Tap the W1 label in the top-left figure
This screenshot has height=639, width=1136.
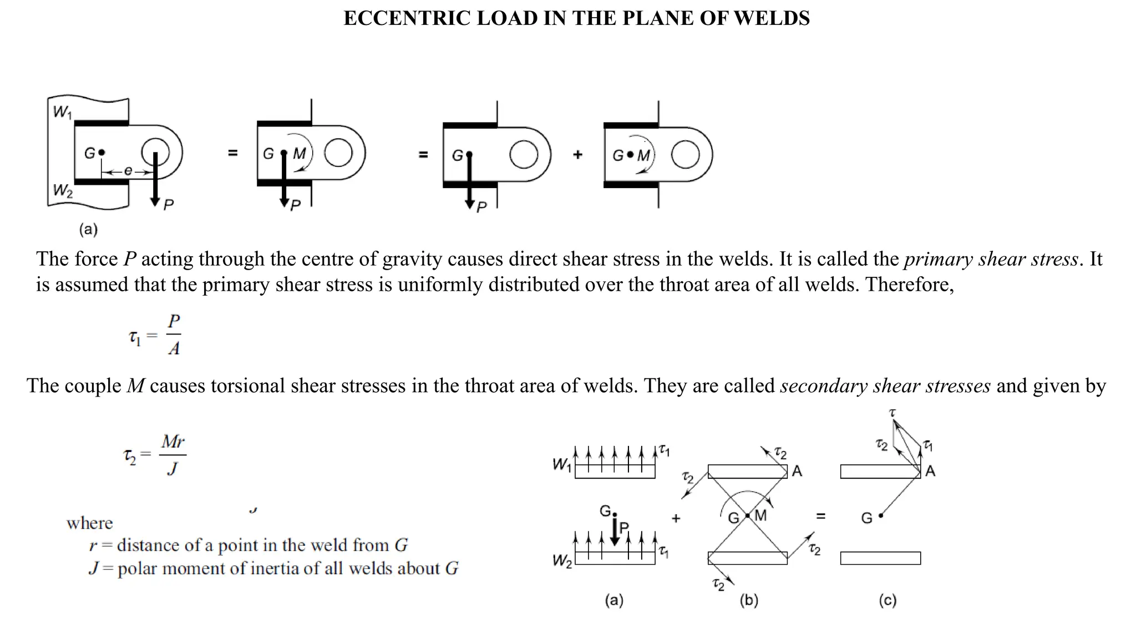coord(62,113)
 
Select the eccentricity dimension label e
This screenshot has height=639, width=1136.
coord(128,171)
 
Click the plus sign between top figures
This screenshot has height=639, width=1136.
coord(577,155)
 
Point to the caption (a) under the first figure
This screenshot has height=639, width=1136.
coord(88,229)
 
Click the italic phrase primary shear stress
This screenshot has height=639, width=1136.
coord(991,259)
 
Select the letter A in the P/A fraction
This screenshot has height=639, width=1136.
coord(174,349)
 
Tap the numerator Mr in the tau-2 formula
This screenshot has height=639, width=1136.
coord(173,442)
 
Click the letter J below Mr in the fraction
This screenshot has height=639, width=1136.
coord(173,469)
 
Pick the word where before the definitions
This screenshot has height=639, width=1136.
coord(89,523)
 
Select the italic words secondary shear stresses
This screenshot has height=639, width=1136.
coord(885,386)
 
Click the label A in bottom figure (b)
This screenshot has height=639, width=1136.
coord(797,471)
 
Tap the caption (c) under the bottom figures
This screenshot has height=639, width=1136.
coord(887,600)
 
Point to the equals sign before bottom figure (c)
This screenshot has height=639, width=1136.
coord(821,516)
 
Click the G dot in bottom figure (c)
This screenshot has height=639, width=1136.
coord(881,516)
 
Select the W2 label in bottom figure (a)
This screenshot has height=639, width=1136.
coord(562,561)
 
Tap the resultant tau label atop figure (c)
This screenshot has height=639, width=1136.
coord(892,413)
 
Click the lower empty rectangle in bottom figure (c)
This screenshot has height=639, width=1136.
coord(880,558)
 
